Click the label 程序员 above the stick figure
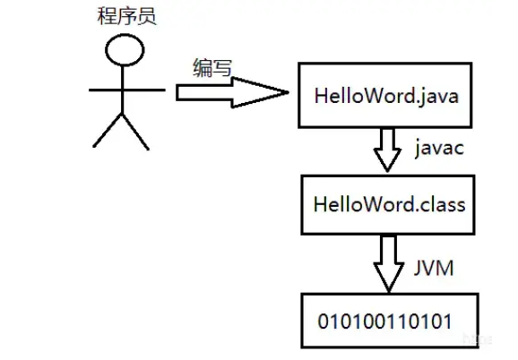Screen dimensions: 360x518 point(125,16)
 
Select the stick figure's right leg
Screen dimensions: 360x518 point(137,131)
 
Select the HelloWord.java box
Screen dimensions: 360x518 point(386,94)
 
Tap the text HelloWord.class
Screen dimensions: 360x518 point(389,203)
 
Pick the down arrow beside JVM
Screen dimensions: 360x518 point(387,262)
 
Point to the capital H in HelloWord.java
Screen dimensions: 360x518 point(320,95)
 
